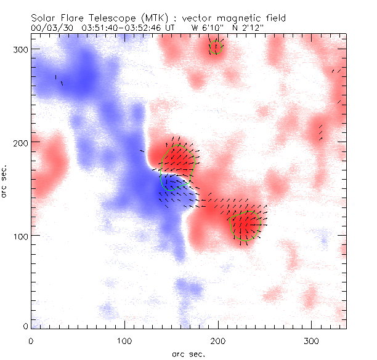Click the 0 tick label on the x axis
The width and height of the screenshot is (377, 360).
coord(31,340)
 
